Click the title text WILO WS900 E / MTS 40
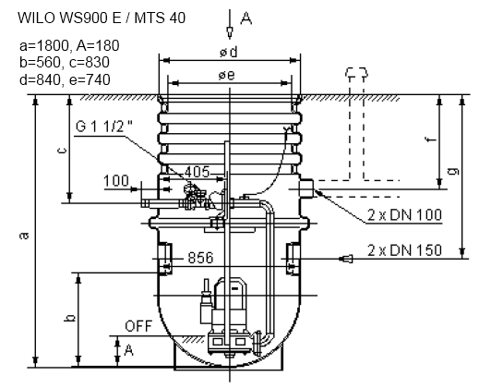click(x=102, y=18)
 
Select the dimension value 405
click(x=197, y=172)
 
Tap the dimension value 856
click(x=200, y=258)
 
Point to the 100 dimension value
click(x=116, y=180)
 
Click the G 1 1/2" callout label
click(x=104, y=127)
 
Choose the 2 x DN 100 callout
click(x=404, y=214)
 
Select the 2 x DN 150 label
click(x=404, y=250)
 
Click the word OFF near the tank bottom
click(x=138, y=326)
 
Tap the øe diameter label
click(x=226, y=75)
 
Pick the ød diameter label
click(x=229, y=52)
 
